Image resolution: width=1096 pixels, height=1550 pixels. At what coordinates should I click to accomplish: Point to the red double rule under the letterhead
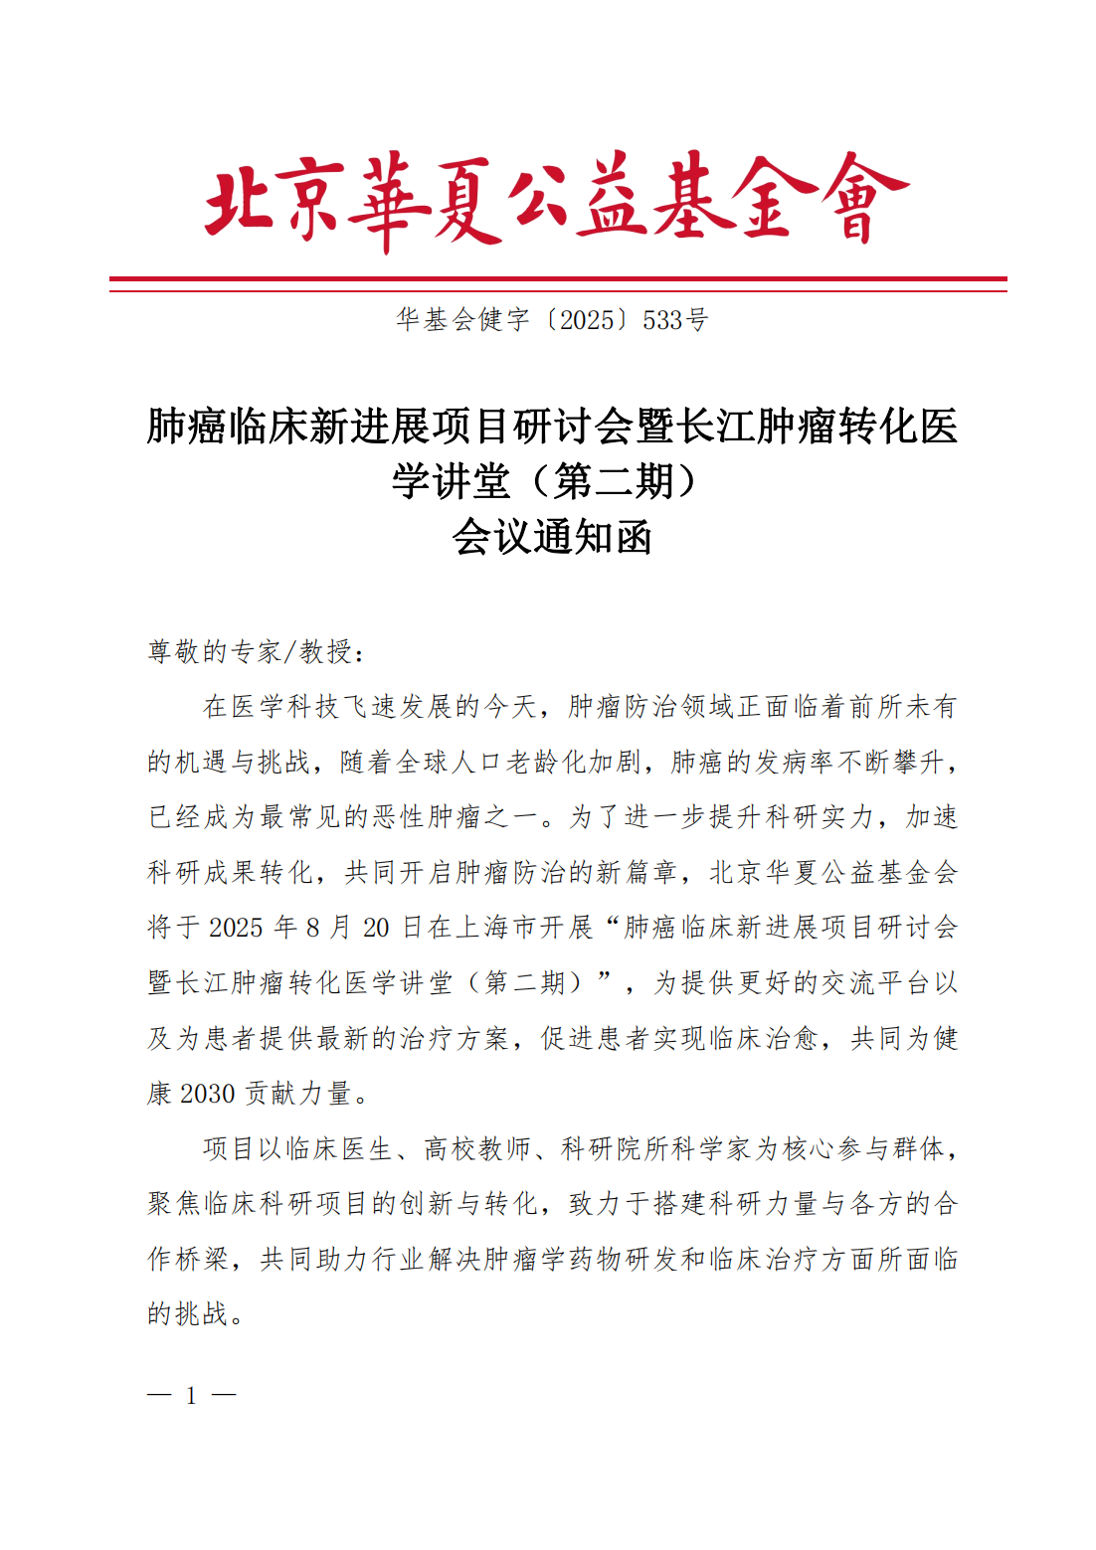558,284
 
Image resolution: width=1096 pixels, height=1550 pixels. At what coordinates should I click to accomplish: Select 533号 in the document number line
675,320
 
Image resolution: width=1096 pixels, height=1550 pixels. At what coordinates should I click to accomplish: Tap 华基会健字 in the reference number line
462,320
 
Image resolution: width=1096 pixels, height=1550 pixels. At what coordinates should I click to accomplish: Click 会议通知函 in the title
552,538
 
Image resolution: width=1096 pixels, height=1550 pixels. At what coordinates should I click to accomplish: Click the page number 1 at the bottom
191,1396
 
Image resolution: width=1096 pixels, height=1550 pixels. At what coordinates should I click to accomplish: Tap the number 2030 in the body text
208,1094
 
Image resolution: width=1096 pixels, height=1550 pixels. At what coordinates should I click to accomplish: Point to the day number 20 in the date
376,928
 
